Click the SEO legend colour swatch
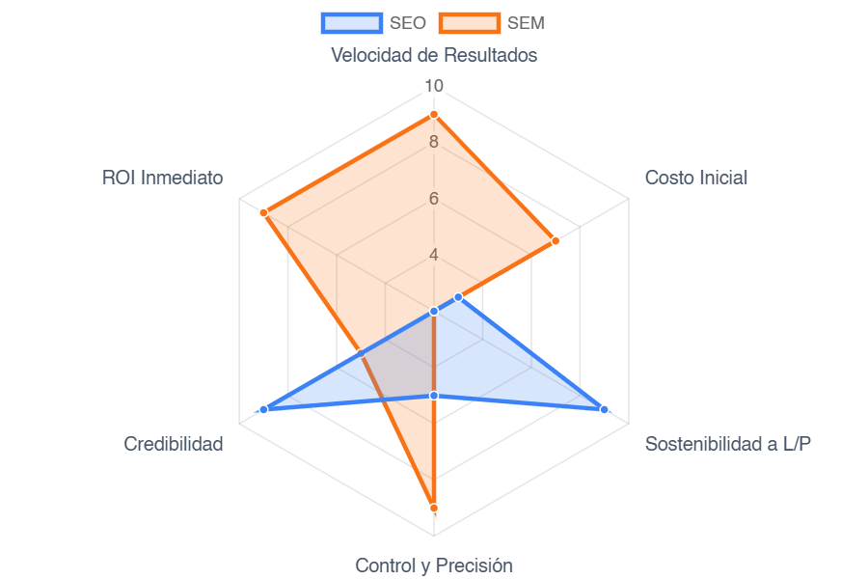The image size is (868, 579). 351,23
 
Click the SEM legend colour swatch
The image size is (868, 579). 469,23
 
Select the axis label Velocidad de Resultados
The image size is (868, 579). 434,55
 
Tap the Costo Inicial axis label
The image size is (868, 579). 695,178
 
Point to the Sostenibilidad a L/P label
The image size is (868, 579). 728,444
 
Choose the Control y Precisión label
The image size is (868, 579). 434,565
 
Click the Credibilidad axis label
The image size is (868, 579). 174,444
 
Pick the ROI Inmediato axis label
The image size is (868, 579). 163,178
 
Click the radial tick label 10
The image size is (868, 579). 434,87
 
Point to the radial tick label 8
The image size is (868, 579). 434,143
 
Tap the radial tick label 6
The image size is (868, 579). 434,199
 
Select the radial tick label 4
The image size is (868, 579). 434,255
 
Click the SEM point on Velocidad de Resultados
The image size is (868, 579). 434,115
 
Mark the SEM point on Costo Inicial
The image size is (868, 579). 556,240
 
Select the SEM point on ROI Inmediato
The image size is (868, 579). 263,212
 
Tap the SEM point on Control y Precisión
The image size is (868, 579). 434,508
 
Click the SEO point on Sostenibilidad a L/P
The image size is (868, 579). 605,410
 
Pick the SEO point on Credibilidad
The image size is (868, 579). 263,410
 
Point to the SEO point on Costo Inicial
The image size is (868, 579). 458,296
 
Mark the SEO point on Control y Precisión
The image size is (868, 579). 434,396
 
